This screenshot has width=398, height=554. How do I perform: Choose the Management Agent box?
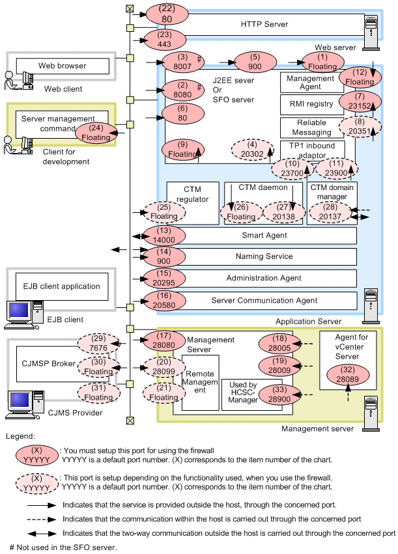click(x=310, y=83)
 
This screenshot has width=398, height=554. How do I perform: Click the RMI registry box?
click(x=310, y=104)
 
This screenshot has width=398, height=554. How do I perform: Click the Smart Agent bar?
click(x=264, y=236)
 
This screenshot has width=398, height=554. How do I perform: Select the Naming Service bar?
click(x=264, y=256)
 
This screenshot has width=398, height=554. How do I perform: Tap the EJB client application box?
click(x=62, y=286)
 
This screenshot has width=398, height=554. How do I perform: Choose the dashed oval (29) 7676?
click(x=98, y=344)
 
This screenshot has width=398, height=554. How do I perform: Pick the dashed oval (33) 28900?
click(x=278, y=397)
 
